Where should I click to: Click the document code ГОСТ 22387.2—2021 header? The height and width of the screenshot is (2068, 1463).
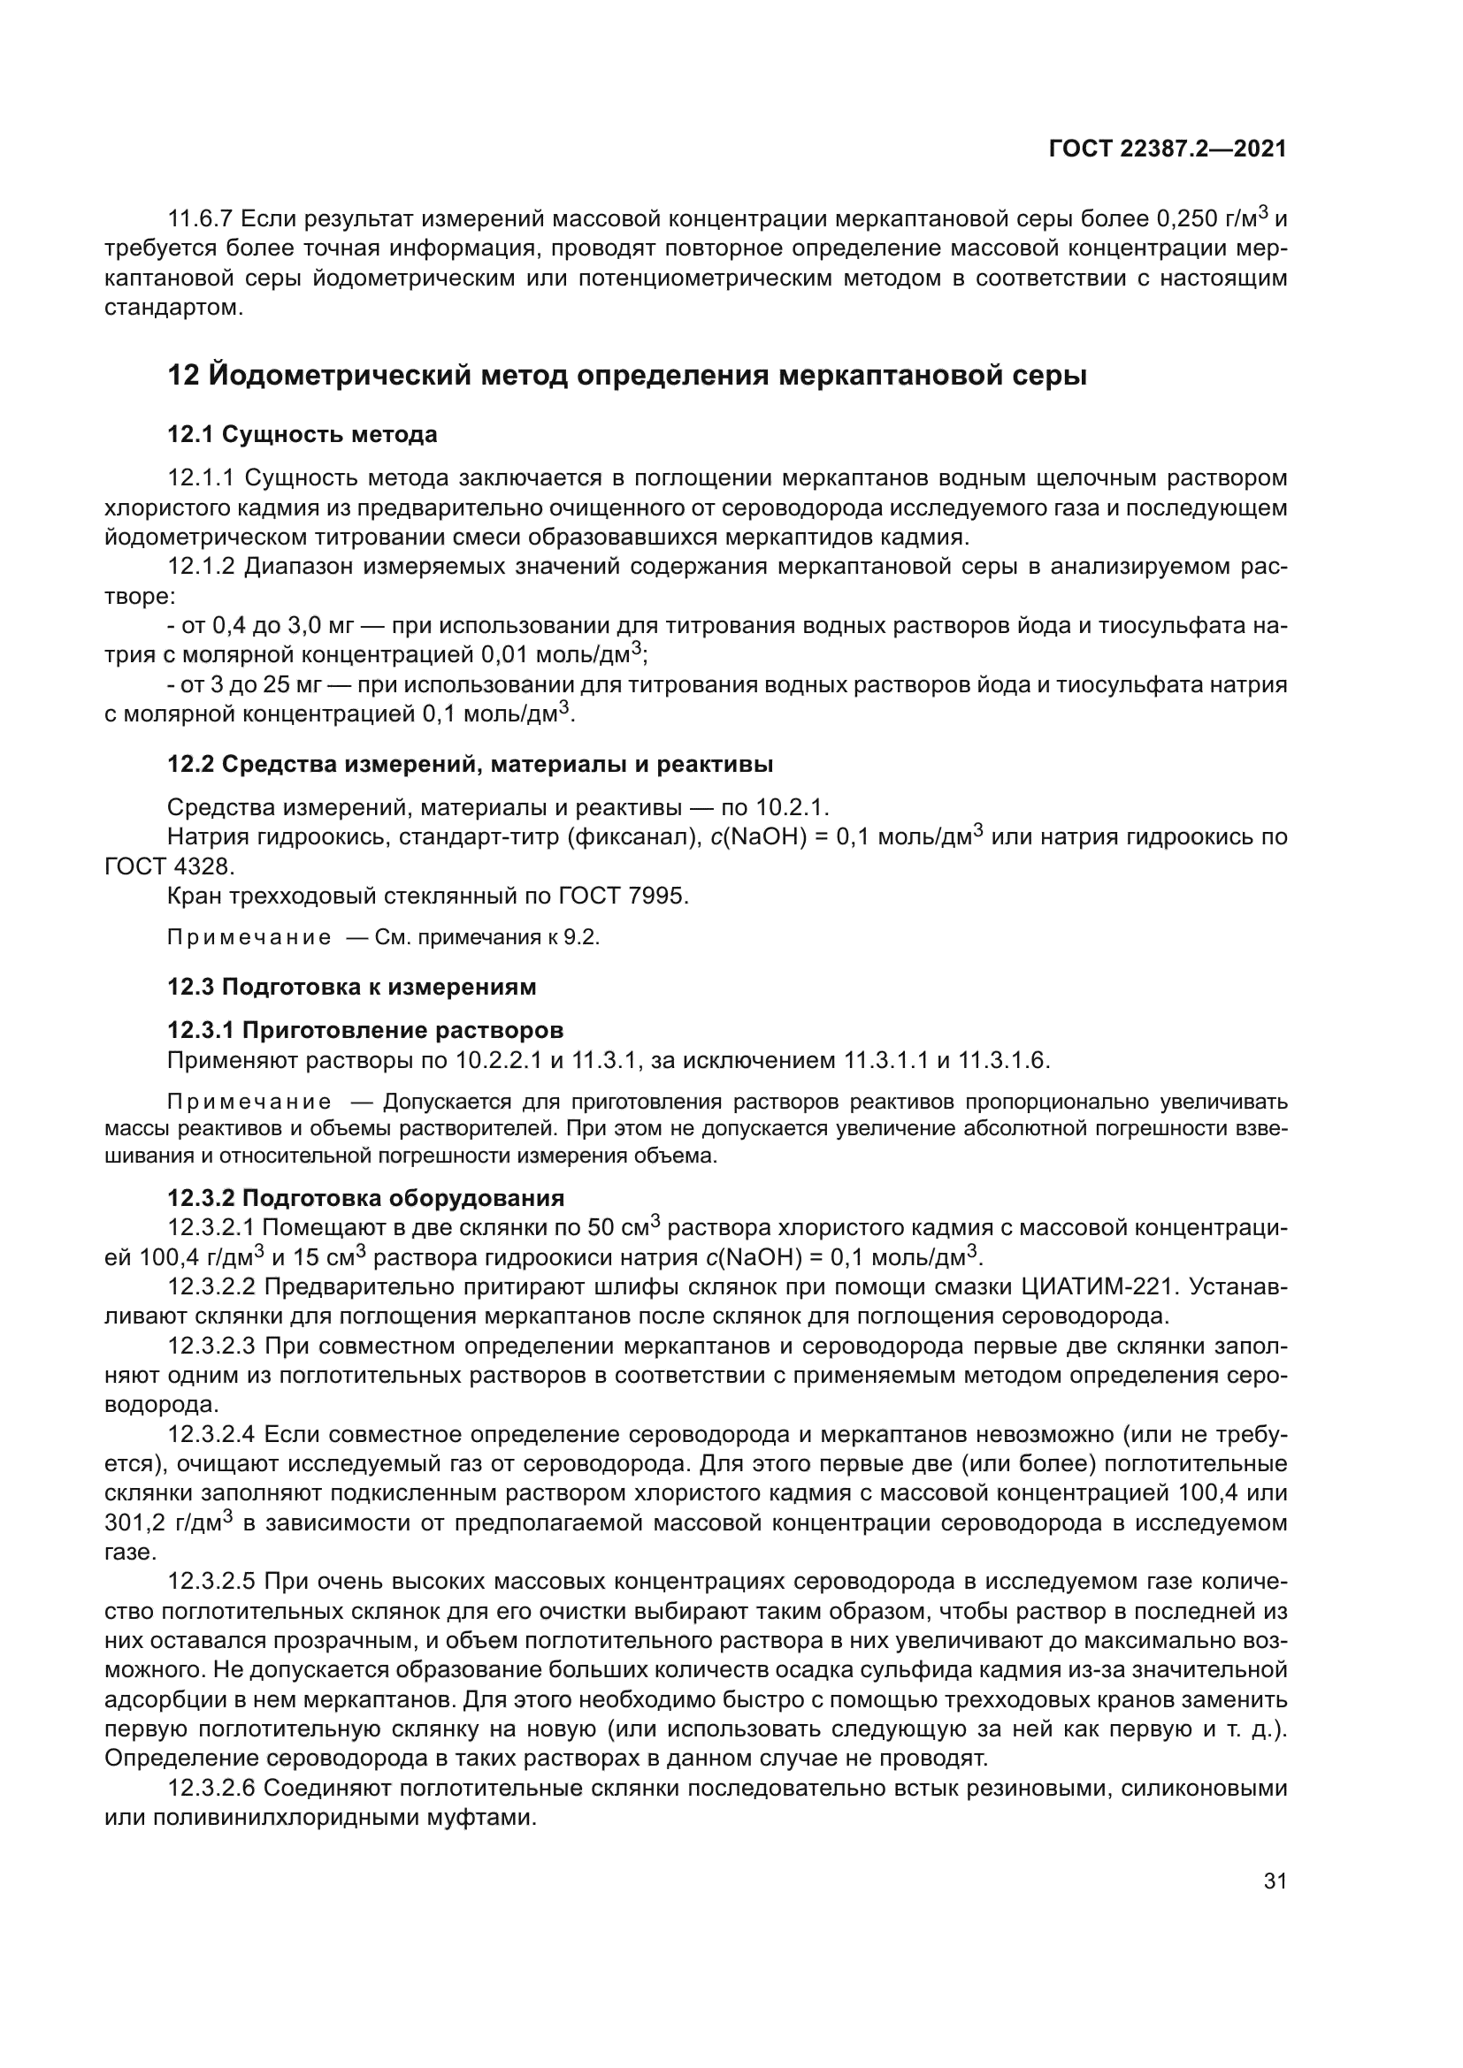(x=1168, y=149)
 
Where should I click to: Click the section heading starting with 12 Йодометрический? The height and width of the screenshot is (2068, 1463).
(x=627, y=375)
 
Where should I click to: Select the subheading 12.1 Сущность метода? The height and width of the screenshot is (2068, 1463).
(x=302, y=434)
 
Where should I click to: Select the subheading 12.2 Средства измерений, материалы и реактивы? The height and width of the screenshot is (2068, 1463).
(x=471, y=765)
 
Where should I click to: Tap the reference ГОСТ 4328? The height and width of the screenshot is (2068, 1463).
(x=169, y=866)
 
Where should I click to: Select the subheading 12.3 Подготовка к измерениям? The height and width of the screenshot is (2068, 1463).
(x=351, y=987)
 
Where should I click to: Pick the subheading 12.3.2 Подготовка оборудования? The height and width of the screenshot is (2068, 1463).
(x=366, y=1198)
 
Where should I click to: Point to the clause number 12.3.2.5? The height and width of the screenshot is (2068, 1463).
(x=212, y=1581)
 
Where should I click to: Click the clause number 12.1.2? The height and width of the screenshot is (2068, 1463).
(x=202, y=567)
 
